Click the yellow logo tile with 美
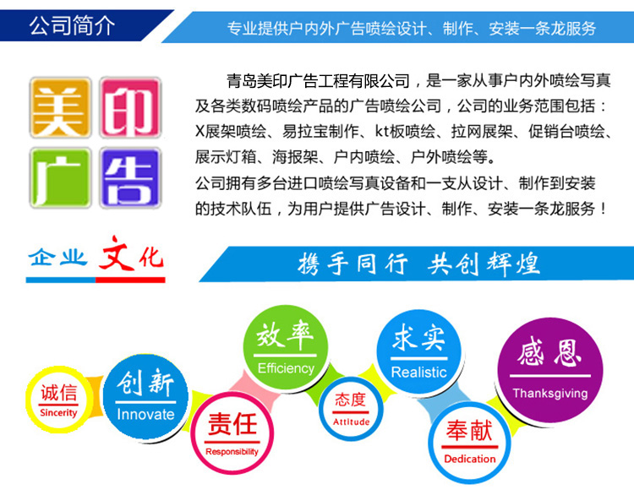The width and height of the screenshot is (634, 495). [60, 107]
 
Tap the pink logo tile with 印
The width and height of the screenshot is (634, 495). [130, 107]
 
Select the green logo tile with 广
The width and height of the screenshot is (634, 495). [60, 177]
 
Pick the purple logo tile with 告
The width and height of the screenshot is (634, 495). [130, 177]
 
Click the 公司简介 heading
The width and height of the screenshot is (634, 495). [72, 26]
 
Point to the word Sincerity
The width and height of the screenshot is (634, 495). [58, 412]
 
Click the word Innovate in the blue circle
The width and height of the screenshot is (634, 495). [145, 414]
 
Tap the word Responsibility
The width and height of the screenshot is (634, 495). [232, 451]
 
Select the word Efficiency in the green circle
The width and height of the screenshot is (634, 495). [286, 368]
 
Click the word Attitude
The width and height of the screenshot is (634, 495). [351, 422]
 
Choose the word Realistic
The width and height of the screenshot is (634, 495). [419, 373]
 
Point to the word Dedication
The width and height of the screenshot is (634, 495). [470, 459]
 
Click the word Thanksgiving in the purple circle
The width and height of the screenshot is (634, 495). [550, 393]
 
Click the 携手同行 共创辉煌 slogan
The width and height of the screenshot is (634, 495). [418, 264]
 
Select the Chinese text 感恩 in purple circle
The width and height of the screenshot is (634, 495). [549, 352]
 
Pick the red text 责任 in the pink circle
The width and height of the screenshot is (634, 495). [232, 423]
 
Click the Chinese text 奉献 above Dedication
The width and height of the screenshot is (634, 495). [469, 430]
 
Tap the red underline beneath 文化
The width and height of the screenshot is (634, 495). [130, 280]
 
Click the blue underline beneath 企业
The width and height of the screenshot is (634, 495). [61, 280]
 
